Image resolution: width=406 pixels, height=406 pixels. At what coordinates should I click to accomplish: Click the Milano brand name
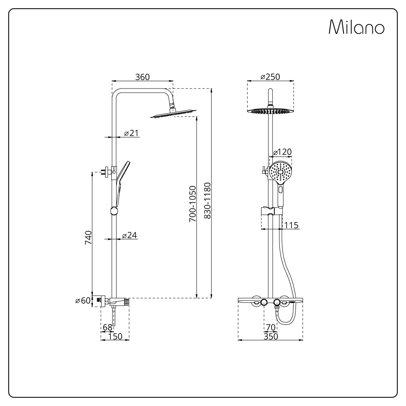356,27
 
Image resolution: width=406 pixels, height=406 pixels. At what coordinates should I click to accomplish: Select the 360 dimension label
143,77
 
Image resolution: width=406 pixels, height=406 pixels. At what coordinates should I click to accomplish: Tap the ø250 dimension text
270,77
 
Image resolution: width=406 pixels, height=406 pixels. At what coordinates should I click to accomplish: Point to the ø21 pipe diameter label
131,133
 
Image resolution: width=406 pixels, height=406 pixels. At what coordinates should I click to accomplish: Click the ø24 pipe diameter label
130,235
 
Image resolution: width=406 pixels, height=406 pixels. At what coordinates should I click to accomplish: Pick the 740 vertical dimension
88,238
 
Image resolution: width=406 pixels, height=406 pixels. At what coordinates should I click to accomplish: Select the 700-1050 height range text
192,204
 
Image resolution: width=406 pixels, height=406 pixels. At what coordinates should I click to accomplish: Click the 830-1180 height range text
207,201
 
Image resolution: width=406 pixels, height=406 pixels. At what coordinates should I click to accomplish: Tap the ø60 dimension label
83,300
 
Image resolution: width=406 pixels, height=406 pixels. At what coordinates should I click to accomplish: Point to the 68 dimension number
108,327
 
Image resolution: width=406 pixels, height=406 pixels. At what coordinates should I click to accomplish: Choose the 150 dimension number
115,336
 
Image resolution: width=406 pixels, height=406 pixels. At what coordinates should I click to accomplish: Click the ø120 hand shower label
283,152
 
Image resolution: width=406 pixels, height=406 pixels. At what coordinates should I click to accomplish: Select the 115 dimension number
292,225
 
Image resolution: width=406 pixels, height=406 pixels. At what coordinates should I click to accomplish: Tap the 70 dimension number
270,327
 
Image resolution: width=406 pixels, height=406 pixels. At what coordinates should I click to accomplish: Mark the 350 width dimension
271,336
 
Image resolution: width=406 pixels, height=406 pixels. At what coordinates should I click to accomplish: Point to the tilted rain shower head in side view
173,114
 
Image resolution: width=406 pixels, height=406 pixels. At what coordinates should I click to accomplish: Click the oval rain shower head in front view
270,111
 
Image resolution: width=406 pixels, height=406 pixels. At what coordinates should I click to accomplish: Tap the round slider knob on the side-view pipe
114,211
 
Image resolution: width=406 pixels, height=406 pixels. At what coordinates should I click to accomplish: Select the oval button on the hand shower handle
281,189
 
